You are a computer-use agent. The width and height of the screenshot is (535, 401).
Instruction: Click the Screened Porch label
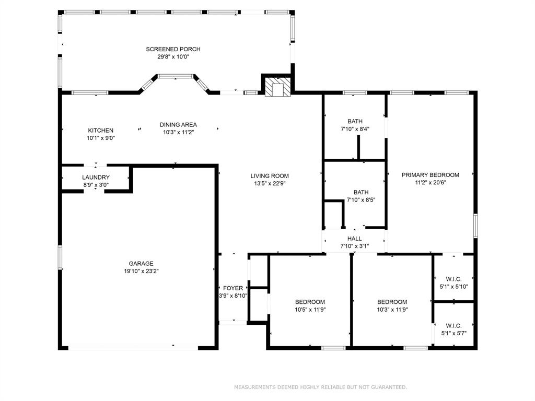click(x=173, y=49)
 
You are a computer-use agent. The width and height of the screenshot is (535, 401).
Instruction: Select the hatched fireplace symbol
click(x=278, y=87)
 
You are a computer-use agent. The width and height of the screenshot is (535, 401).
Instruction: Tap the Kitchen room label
click(x=101, y=130)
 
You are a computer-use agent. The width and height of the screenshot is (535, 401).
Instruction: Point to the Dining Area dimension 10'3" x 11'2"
click(x=178, y=132)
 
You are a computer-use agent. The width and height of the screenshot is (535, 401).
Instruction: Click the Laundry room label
click(x=96, y=178)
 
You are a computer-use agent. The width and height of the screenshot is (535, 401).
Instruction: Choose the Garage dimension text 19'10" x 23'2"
click(x=141, y=272)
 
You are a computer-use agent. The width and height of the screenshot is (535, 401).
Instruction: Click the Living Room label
click(x=270, y=176)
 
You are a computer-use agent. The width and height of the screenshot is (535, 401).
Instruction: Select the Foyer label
click(x=233, y=288)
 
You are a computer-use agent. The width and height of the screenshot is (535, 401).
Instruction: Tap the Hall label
click(x=355, y=239)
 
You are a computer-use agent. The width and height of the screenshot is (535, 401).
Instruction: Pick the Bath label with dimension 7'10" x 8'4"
click(x=355, y=121)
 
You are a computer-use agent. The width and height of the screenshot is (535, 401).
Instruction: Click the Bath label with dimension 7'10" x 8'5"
click(x=361, y=192)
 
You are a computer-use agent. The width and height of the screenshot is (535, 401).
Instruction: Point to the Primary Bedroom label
click(x=431, y=175)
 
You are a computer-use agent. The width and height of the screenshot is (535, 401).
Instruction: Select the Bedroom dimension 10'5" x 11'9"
click(x=310, y=310)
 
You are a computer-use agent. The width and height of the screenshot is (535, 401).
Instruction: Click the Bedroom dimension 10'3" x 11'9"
click(x=392, y=310)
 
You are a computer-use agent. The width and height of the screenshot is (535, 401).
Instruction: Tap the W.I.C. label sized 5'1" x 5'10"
click(x=454, y=279)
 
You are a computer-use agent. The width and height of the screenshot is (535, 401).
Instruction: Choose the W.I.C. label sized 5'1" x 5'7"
click(x=454, y=326)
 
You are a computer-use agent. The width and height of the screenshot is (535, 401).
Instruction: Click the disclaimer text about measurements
click(x=320, y=387)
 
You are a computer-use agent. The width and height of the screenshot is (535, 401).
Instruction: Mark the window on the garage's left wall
click(x=60, y=257)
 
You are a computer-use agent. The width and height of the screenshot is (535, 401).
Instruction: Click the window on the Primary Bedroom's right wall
click(x=475, y=226)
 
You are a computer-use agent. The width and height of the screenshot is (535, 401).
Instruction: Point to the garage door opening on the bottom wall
click(x=133, y=348)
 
